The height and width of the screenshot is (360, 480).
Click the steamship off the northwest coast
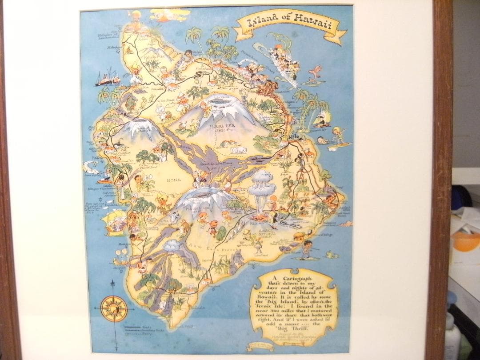pos(107,78)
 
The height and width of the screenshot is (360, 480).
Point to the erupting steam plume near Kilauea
pos(261,182)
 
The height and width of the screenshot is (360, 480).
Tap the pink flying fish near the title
pos(316,71)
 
